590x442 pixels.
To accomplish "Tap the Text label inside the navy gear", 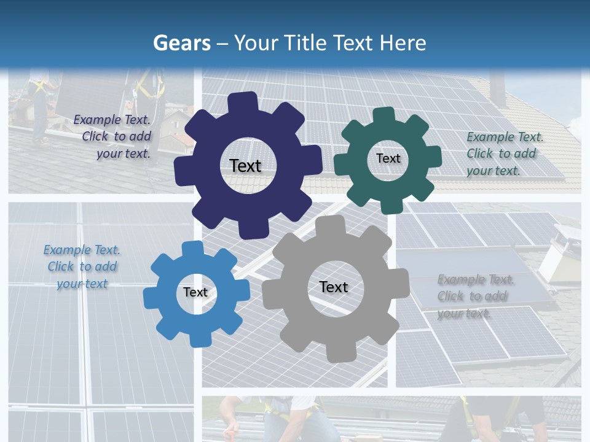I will [245, 166].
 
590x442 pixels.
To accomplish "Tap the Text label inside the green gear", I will [388, 158].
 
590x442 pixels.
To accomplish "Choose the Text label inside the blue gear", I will [195, 292].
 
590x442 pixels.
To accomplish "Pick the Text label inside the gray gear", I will [334, 287].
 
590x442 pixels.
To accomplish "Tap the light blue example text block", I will [82, 267].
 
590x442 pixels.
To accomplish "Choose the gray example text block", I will [476, 297].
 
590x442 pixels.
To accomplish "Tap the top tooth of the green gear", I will [384, 115].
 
